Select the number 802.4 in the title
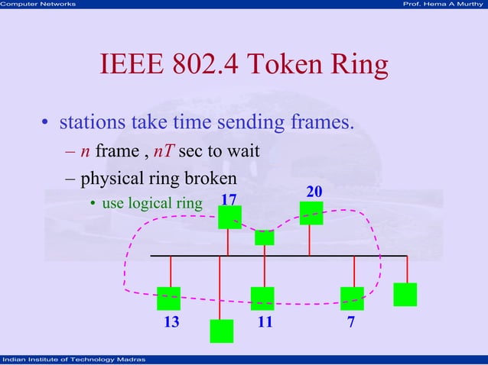[203, 66]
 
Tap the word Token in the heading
[285, 66]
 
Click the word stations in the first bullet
[92, 122]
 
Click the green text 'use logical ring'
[151, 203]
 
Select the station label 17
[229, 200]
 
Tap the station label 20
[314, 190]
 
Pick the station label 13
[172, 321]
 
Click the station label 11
[265, 321]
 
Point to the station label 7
[351, 321]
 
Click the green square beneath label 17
[229, 218]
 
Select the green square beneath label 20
[311, 213]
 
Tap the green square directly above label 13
[168, 298]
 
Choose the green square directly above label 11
[262, 298]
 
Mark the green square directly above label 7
[353, 298]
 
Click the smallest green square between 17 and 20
[265, 237]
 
